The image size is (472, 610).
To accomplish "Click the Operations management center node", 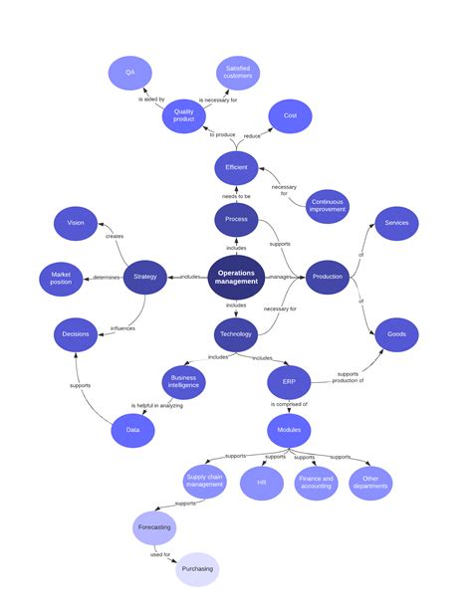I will [236, 277].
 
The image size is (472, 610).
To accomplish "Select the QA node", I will [129, 73].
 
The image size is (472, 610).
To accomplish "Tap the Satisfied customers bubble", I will [238, 73].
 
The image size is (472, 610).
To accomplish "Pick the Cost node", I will [291, 115].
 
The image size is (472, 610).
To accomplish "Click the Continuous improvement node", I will [326, 205].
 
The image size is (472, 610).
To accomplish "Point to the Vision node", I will [76, 223].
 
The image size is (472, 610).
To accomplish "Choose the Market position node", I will [61, 278].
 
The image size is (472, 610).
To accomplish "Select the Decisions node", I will [76, 334].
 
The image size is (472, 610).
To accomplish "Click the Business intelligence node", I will [184, 380].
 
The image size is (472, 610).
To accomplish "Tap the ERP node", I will [289, 381].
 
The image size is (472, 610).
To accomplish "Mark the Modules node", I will [289, 430].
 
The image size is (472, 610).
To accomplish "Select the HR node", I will [262, 483].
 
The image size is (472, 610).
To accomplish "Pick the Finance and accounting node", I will [317, 483].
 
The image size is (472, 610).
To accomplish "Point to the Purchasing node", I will [196, 569].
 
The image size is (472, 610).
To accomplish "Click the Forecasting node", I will [154, 526].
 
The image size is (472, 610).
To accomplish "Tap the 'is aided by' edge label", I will [151, 100].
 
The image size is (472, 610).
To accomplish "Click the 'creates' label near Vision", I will [115, 236].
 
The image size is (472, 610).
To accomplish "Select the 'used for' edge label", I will [161, 553].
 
